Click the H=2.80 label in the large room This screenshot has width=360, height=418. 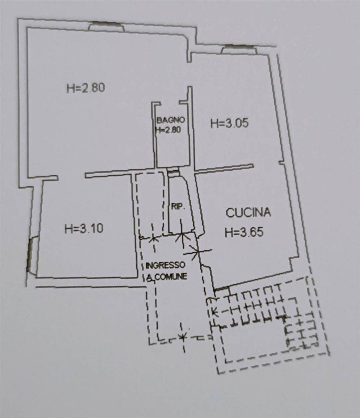point(85,88)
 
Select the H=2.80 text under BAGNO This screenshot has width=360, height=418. point(168,130)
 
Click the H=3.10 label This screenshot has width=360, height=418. point(84,229)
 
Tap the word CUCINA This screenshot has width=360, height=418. point(248,213)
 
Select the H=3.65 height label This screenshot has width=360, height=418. point(244,232)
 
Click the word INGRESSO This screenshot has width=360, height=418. point(166,265)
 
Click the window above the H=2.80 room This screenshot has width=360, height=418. point(106,26)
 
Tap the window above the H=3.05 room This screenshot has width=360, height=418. point(239,49)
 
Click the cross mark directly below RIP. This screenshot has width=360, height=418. point(182,237)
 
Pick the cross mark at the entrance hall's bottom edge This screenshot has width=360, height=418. point(182,336)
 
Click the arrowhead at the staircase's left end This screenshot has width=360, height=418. point(214,311)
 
